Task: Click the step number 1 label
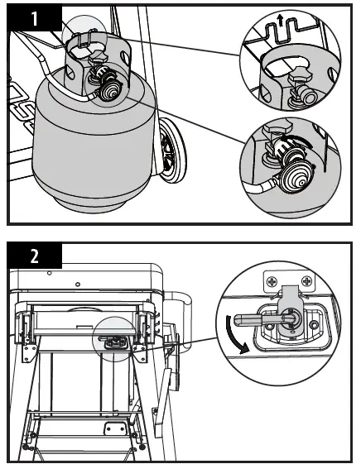35,18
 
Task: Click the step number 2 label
35,256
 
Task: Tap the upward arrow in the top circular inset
280,22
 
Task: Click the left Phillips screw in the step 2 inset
272,281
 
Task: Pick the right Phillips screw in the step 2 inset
306,281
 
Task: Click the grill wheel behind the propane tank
171,151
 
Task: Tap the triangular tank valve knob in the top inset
301,76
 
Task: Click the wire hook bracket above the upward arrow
280,30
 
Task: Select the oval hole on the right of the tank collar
125,57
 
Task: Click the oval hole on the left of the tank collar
70,73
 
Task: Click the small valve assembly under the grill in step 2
115,342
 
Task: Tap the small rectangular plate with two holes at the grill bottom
115,428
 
